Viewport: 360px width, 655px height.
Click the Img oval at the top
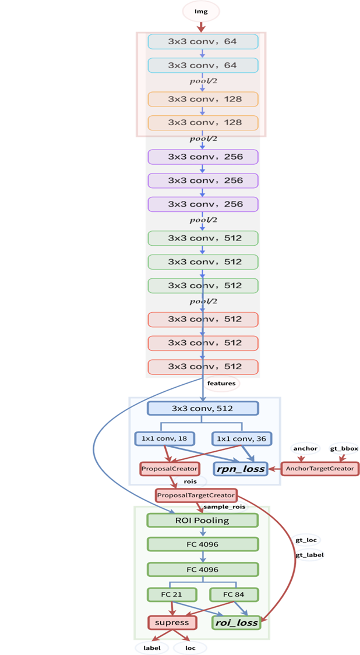coord(201,11)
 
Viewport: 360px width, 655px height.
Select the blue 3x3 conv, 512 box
coord(202,408)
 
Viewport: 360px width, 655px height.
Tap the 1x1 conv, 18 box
coord(165,438)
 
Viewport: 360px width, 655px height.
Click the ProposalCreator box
coord(170,468)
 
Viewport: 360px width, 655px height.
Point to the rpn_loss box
coord(240,468)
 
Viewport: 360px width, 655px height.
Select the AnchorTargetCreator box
coord(320,468)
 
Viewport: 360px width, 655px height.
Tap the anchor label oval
coord(305,449)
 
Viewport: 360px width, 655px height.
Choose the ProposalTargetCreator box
coord(196,495)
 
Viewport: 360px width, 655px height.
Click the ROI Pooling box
coord(202,520)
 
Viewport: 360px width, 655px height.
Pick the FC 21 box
coord(171,594)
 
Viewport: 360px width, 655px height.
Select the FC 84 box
coord(234,594)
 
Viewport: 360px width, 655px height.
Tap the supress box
coord(171,622)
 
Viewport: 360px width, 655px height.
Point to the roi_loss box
coord(235,622)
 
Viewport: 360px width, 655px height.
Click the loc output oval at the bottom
coord(190,647)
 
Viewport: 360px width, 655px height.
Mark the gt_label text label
coord(310,555)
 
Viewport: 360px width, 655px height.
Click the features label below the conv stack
coord(221,384)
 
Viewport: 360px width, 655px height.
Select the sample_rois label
coord(224,507)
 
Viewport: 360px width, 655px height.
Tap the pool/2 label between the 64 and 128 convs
coord(203,81)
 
